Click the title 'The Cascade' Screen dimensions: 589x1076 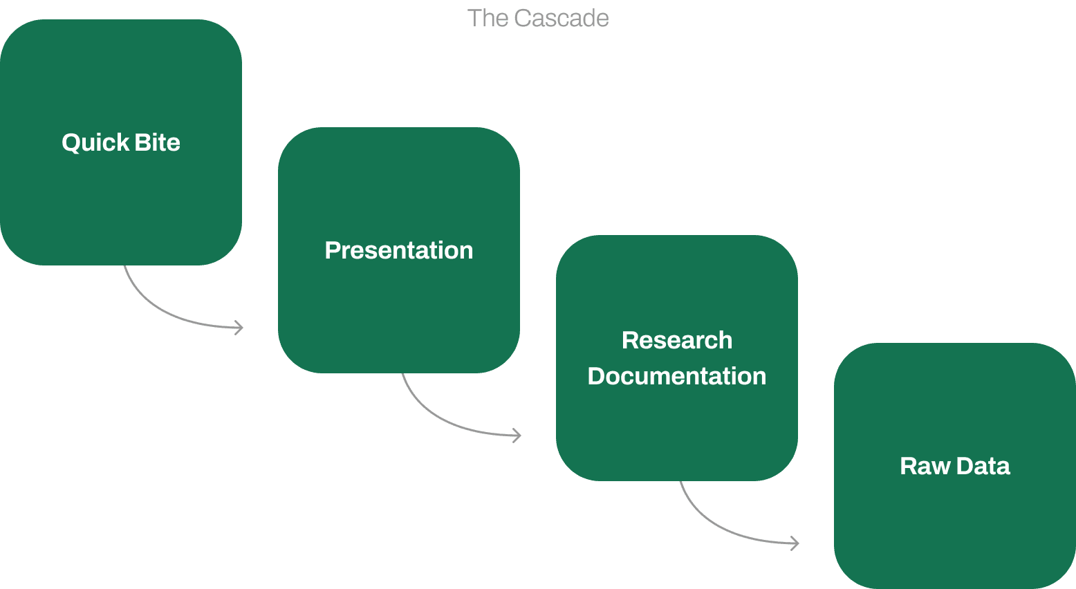point(538,18)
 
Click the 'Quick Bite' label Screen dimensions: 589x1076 point(121,142)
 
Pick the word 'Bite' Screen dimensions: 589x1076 point(158,142)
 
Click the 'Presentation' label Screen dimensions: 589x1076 point(399,250)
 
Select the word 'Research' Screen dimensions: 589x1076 point(677,340)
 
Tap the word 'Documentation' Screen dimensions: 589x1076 point(677,376)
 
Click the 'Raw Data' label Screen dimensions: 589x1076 point(955,466)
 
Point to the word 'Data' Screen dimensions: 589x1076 point(984,466)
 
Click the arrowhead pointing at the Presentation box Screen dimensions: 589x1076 point(239,327)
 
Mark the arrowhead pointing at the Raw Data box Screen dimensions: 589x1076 point(795,543)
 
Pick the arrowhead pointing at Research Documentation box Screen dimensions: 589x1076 point(517,435)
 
